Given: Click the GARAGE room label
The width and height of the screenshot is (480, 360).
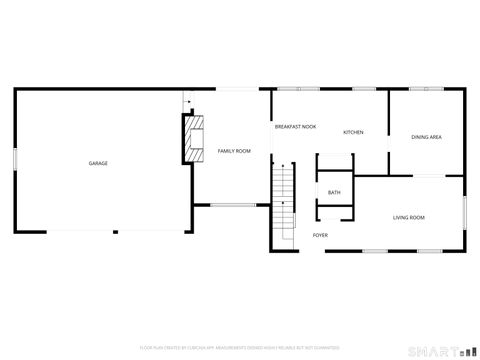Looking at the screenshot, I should click(98, 163).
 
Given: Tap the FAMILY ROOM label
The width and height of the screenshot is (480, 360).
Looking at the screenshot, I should click(234, 151).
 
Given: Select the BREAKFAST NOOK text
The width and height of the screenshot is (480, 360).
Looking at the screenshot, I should click(296, 127).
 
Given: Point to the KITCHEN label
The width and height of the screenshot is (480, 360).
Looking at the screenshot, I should click(353, 133).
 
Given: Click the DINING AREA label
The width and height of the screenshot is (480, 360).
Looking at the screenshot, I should click(427, 137).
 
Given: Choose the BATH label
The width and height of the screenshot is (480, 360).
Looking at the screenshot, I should click(334, 192).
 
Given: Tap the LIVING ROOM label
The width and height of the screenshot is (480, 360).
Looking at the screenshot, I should click(408, 217).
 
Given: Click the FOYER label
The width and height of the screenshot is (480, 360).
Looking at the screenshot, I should click(320, 235).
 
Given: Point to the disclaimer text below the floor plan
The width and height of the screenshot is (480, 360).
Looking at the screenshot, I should click(239, 346).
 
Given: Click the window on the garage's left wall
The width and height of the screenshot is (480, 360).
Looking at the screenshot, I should click(14, 160).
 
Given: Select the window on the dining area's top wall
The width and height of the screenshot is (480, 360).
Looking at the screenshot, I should click(427, 90).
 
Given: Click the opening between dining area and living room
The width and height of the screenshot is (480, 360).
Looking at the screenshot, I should click(429, 175).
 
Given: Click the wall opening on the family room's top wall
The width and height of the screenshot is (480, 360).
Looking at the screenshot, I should click(237, 90).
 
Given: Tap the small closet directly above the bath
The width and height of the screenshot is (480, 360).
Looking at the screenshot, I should click(334, 164).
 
